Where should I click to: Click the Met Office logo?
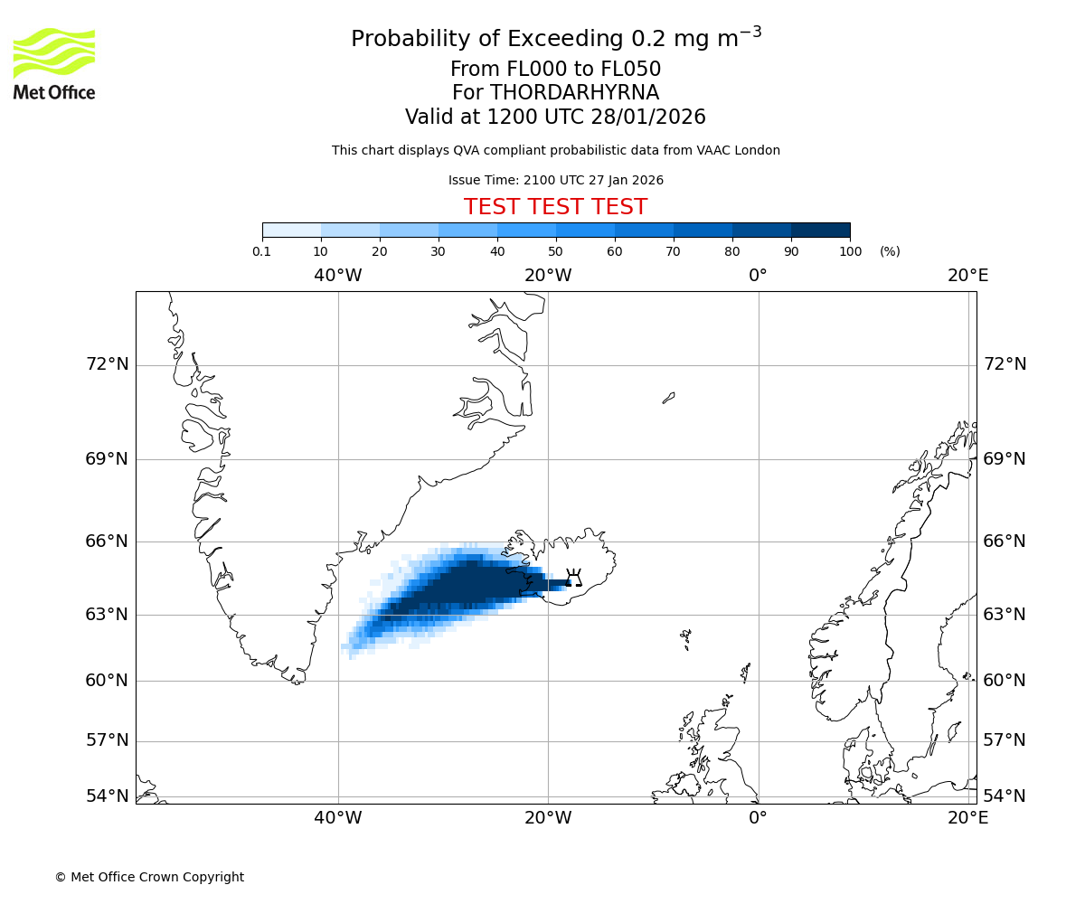pyautogui.click(x=54, y=63)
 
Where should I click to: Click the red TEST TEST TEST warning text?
pyautogui.click(x=555, y=207)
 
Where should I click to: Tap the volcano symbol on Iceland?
pyautogui.click(x=573, y=578)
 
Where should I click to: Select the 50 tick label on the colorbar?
pyautogui.click(x=555, y=251)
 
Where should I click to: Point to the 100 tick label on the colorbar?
pyautogui.click(x=850, y=251)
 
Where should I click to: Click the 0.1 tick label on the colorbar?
pyautogui.click(x=262, y=251)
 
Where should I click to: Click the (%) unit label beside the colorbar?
pyautogui.click(x=890, y=251)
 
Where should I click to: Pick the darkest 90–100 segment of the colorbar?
pyautogui.click(x=820, y=230)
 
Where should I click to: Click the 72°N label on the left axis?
pyautogui.click(x=107, y=364)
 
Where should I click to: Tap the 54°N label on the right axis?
pyautogui.click(x=1005, y=796)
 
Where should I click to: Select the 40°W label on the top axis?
pyautogui.click(x=338, y=276)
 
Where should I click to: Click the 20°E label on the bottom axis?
pyautogui.click(x=967, y=818)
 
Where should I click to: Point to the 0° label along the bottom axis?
pyautogui.click(x=758, y=818)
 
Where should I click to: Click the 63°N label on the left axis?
pyautogui.click(x=107, y=615)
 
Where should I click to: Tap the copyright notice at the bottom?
pyautogui.click(x=149, y=877)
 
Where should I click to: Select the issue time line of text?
pyautogui.click(x=555, y=180)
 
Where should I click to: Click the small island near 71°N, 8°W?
pyautogui.click(x=668, y=398)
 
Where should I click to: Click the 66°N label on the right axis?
pyautogui.click(x=1005, y=541)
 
